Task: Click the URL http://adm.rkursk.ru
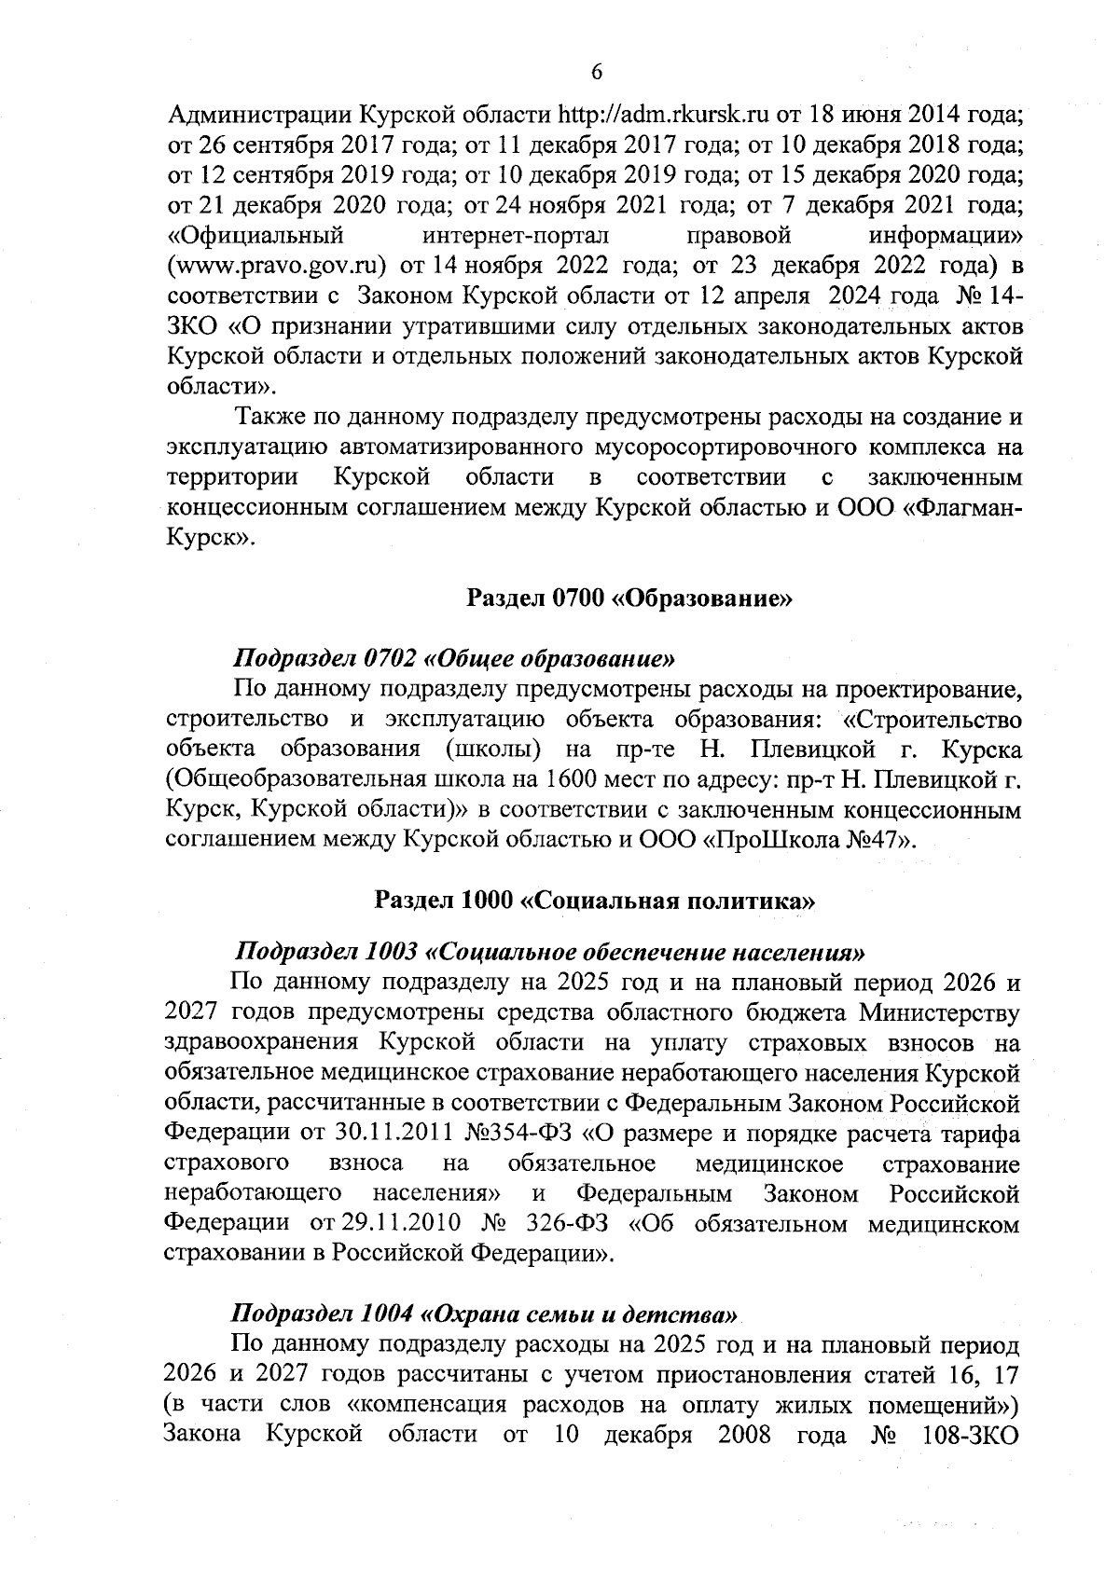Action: [663, 116]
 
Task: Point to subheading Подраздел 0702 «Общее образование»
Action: [453, 658]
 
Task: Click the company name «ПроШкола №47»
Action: [808, 839]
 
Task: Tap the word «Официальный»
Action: [256, 235]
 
